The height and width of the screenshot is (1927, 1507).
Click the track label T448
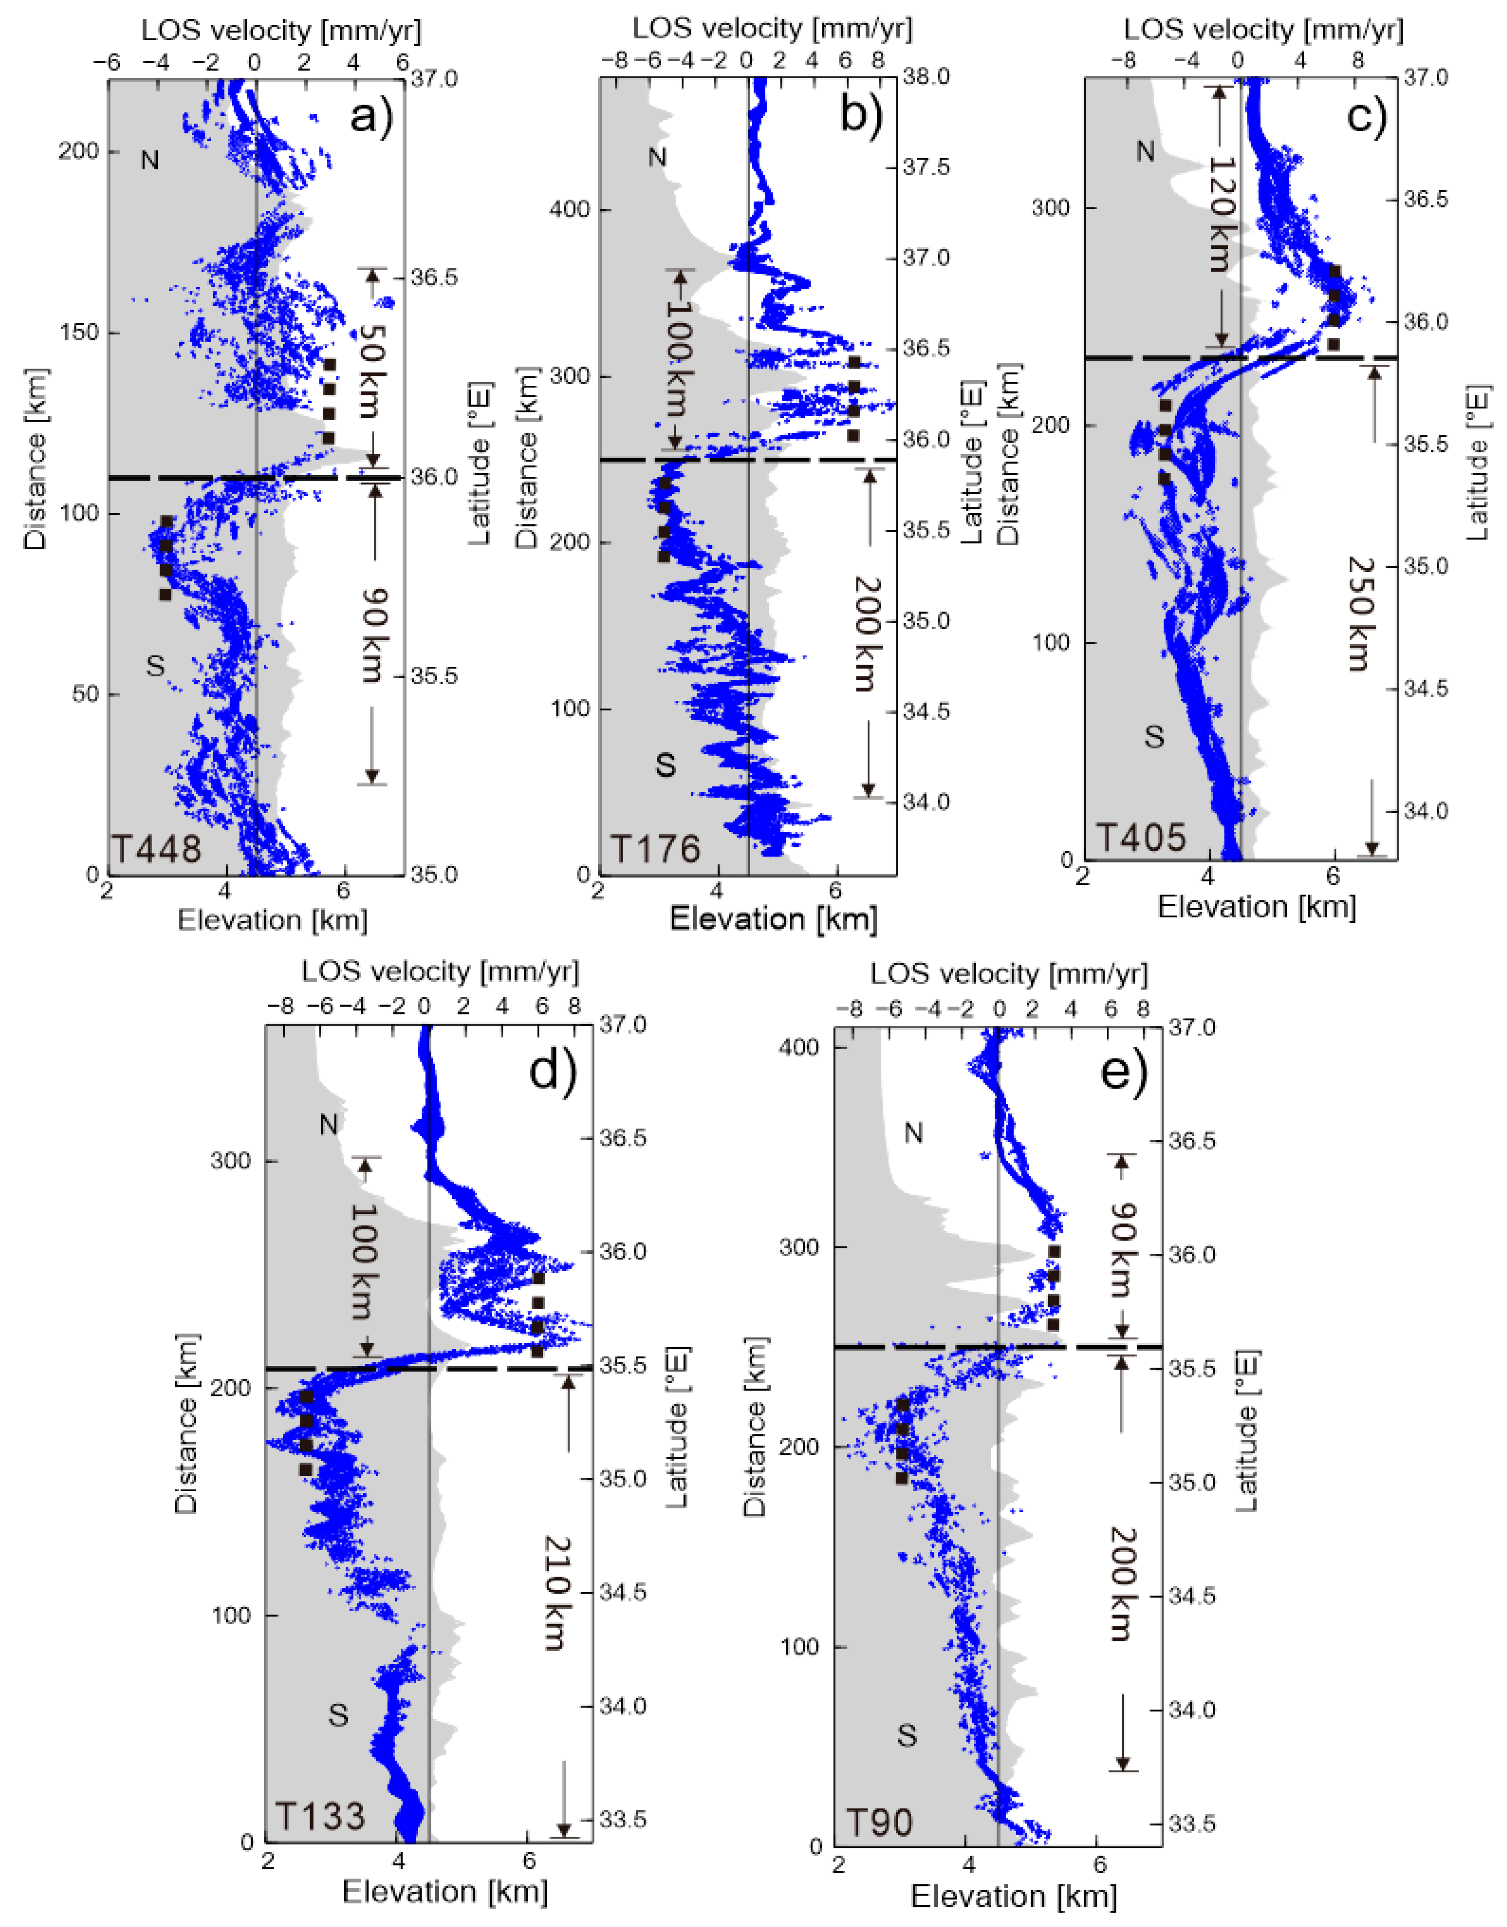pyautogui.click(x=156, y=849)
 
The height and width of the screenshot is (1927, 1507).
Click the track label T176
pyautogui.click(x=655, y=849)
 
